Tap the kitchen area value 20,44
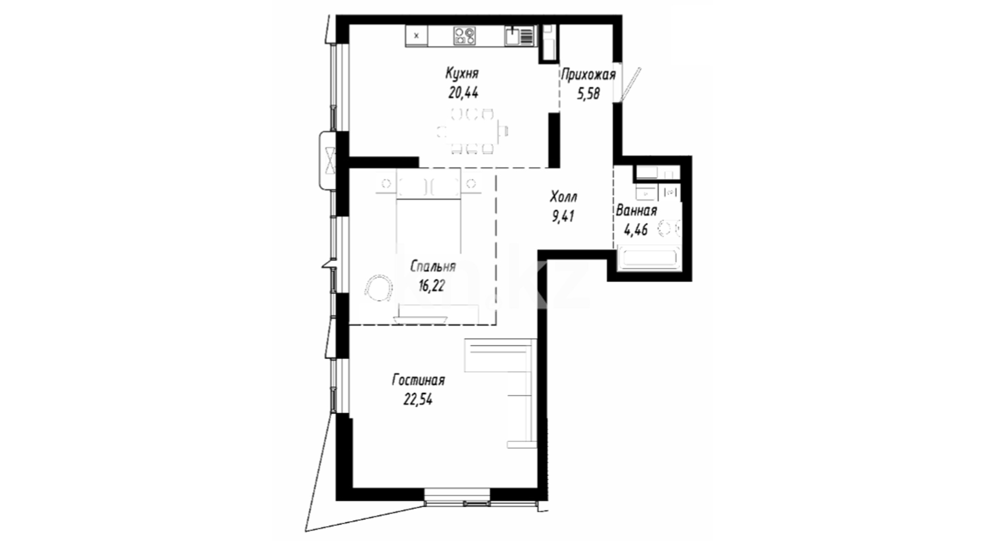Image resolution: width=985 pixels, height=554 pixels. [x=463, y=93]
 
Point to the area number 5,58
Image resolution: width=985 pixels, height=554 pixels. [x=588, y=94]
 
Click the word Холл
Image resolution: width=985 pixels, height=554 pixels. [x=563, y=196]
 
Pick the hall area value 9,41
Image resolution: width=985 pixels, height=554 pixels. [x=563, y=216]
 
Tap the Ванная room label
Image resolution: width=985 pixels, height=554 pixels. [x=636, y=211]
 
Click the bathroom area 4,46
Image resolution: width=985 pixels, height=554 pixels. [x=635, y=229]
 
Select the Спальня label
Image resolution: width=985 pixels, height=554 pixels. [x=433, y=267]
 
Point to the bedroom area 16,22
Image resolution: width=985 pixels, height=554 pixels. [x=432, y=286]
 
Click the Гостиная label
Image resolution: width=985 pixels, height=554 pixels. [x=418, y=380]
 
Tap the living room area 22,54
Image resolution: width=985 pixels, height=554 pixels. [x=418, y=399]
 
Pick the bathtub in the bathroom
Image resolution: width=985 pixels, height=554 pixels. [x=649, y=258]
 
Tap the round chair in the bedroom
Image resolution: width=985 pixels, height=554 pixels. [x=378, y=288]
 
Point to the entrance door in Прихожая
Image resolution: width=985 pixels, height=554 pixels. [x=630, y=84]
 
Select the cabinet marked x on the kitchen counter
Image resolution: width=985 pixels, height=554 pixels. [x=417, y=36]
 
